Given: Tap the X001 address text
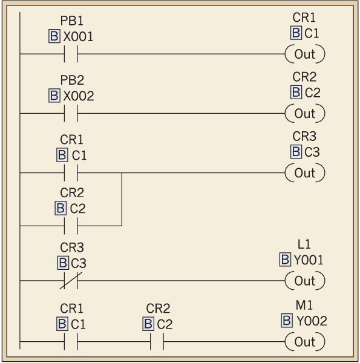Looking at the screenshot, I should [79, 37].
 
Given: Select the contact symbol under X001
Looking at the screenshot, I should [71, 54].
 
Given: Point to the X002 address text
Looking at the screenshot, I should [79, 96].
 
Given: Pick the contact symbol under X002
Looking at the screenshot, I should [71, 113].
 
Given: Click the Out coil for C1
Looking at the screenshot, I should [305, 54].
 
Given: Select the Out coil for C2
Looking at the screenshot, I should [305, 113].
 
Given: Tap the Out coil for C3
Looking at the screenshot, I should [305, 172].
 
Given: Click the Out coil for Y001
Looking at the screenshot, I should [305, 281].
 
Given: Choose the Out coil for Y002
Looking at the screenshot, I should [305, 342].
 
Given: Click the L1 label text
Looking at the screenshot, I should [304, 244].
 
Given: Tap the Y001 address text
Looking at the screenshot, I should [309, 260].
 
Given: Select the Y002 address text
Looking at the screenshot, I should [310, 321].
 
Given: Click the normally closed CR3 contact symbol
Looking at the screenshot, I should [71, 281].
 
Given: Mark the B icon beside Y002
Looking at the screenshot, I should [287, 321].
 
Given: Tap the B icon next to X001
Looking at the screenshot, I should [54, 37].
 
